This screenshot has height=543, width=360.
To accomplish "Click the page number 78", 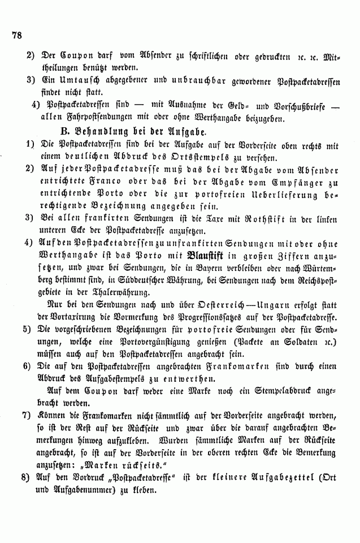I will coord(15,35).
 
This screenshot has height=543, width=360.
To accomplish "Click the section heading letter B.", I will coord(48,132).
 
